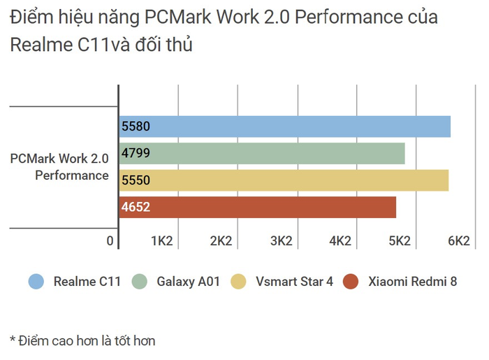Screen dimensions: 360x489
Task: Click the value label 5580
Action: coord(136,127)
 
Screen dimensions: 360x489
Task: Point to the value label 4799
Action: coord(136,153)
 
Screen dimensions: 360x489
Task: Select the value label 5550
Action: coord(136,180)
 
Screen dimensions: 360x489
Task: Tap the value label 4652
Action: coord(136,207)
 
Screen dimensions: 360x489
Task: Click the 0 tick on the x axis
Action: coord(110,241)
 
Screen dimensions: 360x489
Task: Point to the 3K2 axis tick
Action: coord(280,241)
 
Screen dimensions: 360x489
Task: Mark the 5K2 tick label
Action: coord(399,241)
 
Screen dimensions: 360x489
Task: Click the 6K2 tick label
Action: coord(458,241)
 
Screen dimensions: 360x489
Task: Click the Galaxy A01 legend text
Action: coord(189,282)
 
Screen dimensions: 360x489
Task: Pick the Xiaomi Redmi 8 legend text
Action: coord(413,282)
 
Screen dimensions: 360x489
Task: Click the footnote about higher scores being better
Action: coord(82,340)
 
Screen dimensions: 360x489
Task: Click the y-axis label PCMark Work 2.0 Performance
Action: coord(60,166)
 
